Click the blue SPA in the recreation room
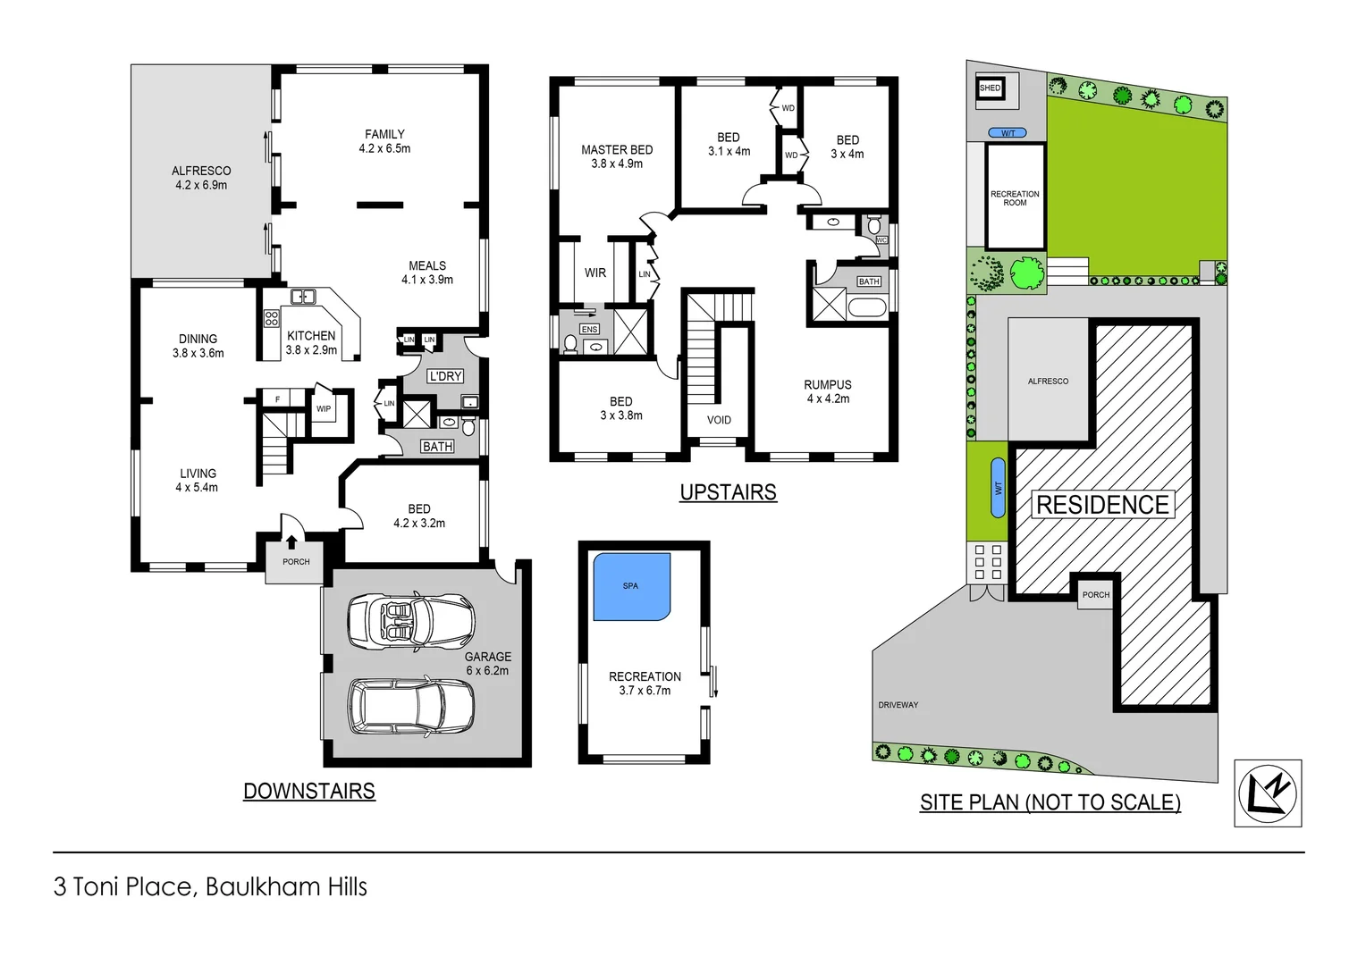click(x=631, y=586)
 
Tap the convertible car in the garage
click(x=410, y=620)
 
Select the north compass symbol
click(x=1268, y=793)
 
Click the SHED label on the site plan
click(x=990, y=88)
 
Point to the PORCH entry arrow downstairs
click(x=291, y=541)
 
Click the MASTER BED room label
click(x=617, y=156)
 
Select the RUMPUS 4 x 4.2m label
click(x=828, y=391)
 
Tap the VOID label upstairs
click(x=719, y=420)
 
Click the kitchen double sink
click(x=303, y=297)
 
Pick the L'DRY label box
click(x=445, y=376)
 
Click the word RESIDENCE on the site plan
click(x=1102, y=505)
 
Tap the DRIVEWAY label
click(x=898, y=705)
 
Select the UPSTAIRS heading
click(x=728, y=492)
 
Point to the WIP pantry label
click(x=324, y=409)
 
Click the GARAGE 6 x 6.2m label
click(x=487, y=663)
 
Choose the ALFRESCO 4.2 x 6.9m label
click(x=201, y=178)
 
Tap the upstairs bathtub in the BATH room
click(x=865, y=308)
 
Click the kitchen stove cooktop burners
click(x=272, y=320)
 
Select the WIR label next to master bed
click(x=595, y=273)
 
